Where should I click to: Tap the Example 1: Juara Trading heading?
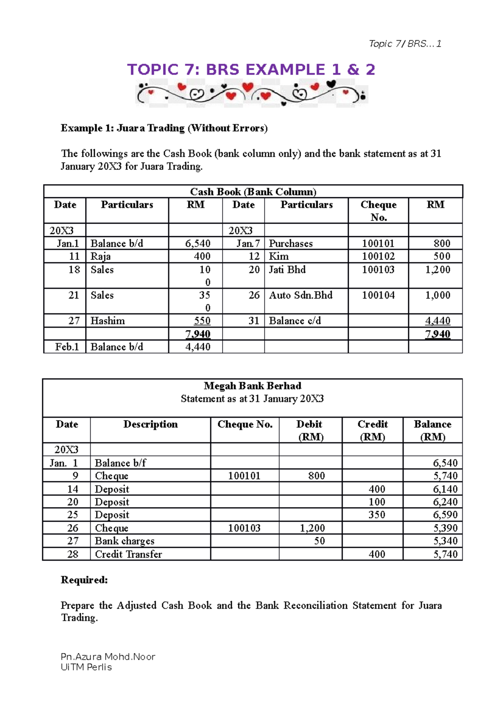164,128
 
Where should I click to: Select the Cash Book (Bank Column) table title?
253,192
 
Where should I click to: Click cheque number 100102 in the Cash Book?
378,256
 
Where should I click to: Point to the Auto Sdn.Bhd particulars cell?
301,295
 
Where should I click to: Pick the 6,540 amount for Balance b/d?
198,243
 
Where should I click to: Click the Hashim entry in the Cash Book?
108,321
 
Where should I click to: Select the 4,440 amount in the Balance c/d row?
437,321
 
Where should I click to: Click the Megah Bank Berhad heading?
252,386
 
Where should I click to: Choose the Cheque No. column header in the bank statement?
245,425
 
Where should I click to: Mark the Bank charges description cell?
124,541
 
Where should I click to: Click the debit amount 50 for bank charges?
319,541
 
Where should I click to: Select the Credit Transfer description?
128,554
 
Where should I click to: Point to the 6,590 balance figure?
445,515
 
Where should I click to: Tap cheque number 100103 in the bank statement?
244,528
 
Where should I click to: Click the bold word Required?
84,580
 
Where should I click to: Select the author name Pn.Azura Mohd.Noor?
108,657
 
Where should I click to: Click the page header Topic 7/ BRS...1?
405,44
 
